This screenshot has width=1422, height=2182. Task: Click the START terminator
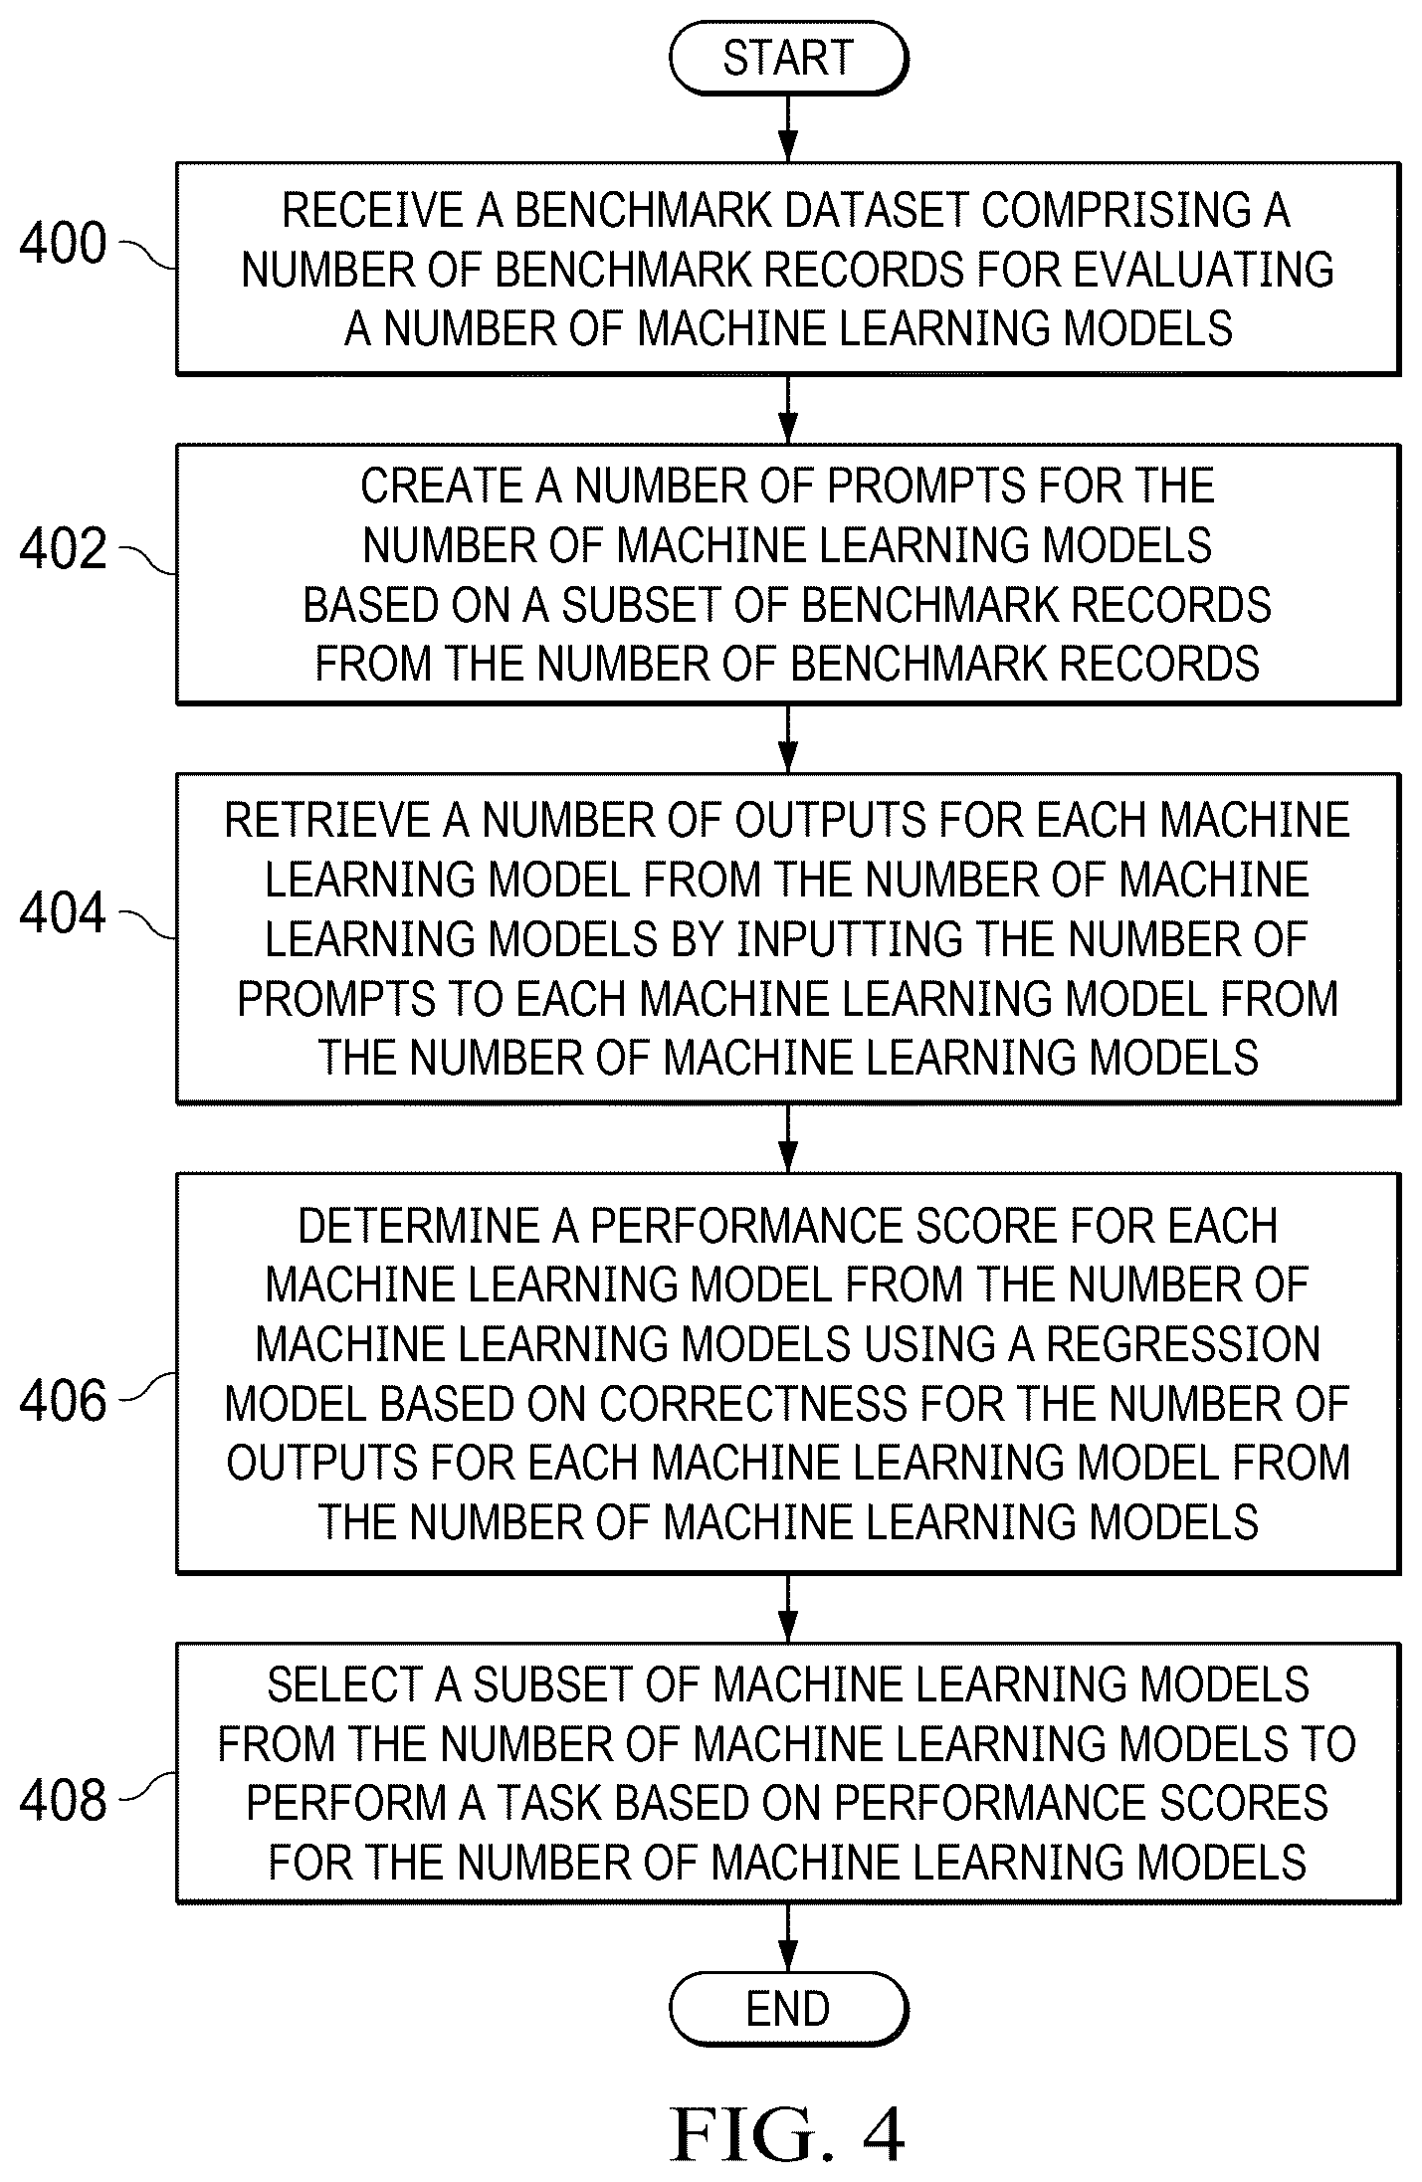click(788, 59)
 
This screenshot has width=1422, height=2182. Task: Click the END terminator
click(788, 2009)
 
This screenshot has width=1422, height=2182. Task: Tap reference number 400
click(63, 244)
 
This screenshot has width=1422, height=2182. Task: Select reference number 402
click(63, 549)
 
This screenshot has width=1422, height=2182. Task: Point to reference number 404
click(63, 913)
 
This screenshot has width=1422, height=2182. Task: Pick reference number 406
click(63, 1401)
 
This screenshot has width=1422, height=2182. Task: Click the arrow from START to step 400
click(788, 128)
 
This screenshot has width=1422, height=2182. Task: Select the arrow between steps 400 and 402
click(788, 409)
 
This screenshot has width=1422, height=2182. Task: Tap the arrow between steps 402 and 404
click(788, 738)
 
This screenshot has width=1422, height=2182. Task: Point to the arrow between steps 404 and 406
click(788, 1137)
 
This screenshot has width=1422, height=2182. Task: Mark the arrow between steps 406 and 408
click(788, 1608)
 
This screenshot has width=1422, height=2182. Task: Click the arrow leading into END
click(788, 1937)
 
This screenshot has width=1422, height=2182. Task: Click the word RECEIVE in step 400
click(359, 211)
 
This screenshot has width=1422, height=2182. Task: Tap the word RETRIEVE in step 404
click(327, 821)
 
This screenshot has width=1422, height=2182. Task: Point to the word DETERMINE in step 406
click(419, 1227)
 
